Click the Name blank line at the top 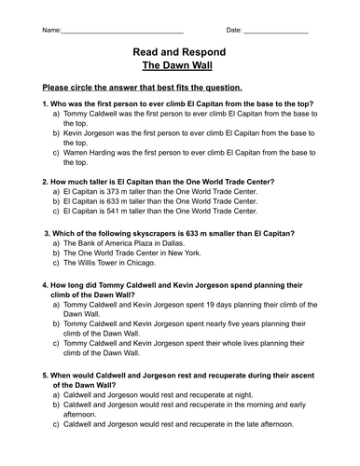(121, 31)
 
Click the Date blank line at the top (277, 31)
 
